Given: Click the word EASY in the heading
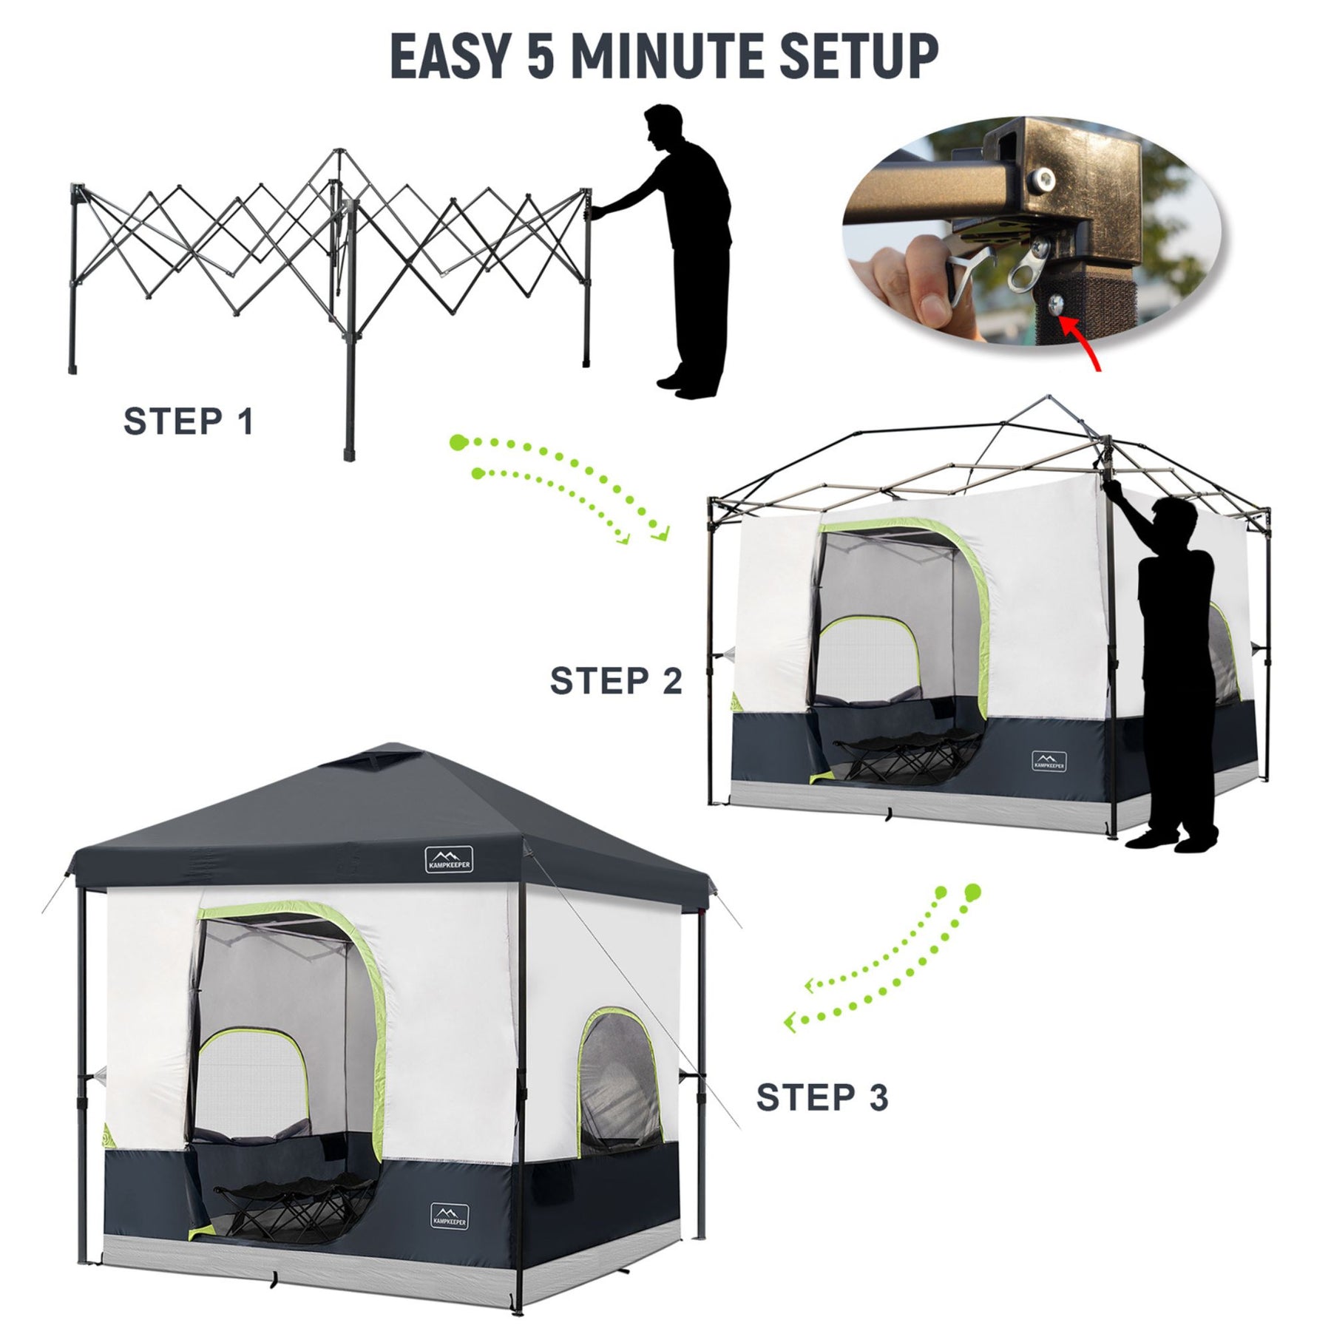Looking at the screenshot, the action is [450, 56].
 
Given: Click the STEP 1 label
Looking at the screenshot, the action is [189, 421].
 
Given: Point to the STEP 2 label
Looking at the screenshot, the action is [616, 680].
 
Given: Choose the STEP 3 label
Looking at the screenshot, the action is [822, 1097].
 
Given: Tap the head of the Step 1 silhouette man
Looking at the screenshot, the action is [662, 129].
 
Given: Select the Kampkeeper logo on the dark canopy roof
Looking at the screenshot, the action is [449, 858].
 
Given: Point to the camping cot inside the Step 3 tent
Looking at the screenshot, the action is [293, 1206].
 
